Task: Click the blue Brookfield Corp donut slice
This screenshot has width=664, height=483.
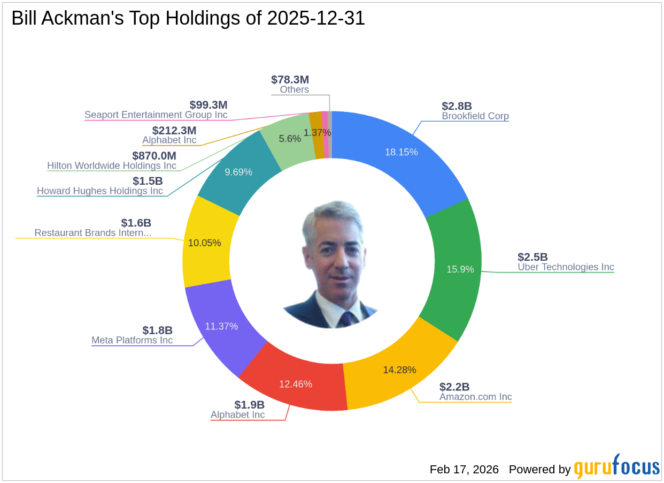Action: pos(401,152)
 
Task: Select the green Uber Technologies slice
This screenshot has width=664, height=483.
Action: pos(460,269)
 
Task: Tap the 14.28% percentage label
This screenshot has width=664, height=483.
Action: pos(399,369)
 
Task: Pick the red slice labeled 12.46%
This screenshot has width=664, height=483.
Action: pos(295,384)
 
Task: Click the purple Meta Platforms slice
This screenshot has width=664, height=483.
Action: pos(221,326)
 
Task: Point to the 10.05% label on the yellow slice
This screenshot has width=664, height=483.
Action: pos(204,243)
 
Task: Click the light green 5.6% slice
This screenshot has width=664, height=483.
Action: pos(290,138)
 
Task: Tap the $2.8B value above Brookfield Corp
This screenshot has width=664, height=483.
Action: pos(457,106)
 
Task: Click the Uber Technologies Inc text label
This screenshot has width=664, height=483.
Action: pos(566,267)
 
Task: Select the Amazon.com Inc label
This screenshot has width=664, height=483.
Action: pos(475,397)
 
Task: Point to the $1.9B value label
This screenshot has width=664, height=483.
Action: pos(249,405)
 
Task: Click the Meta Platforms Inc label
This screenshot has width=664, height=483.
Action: pos(132,340)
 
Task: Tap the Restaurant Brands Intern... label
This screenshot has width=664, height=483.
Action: pos(92,233)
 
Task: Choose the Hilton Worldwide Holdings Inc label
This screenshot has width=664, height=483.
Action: pos(112,165)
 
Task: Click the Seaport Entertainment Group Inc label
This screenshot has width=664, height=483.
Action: pos(156,115)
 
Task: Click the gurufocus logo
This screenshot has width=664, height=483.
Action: pos(616,467)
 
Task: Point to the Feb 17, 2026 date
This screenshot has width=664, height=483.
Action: pos(464,470)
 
